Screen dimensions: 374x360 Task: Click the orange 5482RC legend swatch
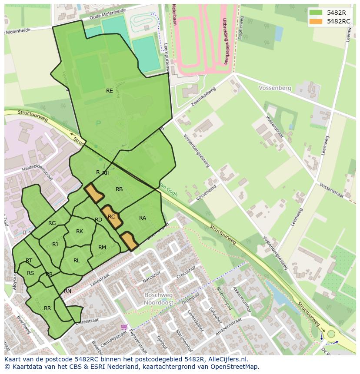coord(316,21)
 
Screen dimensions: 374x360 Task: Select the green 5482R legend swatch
coord(316,13)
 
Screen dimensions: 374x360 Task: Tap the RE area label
coord(110,91)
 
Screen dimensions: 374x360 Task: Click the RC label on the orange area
coord(111,216)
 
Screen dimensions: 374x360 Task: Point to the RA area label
coord(143,218)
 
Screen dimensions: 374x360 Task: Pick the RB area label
coord(119,189)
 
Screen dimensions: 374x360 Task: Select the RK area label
coord(80,232)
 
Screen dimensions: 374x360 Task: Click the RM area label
coord(102,248)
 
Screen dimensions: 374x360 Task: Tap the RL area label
coord(77,261)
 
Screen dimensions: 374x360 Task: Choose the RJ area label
coord(55,245)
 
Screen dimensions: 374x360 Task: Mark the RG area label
coord(52,223)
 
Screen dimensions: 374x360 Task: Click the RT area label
coord(29,261)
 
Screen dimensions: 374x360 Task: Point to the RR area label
coord(47,308)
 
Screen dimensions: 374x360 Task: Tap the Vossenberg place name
coord(275,88)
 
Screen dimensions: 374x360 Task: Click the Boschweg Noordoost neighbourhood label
coord(159,298)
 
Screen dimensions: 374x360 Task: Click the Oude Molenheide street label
coord(107,15)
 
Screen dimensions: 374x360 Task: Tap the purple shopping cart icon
coord(125,326)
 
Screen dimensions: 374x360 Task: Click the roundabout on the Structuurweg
coord(332,334)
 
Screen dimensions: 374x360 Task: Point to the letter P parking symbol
coord(98,124)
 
